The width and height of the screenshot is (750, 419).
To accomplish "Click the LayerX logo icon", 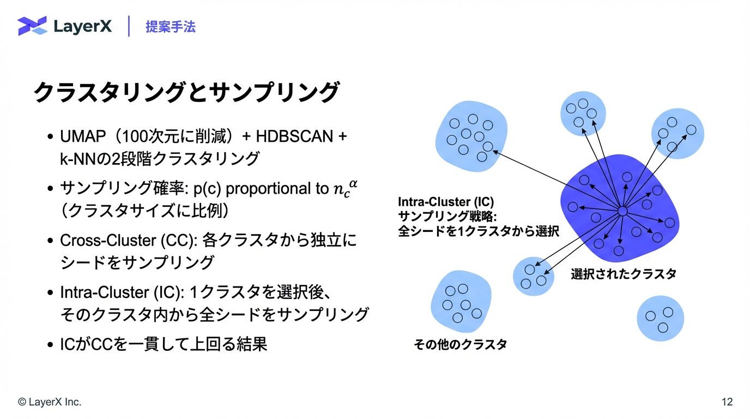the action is (x=32, y=26).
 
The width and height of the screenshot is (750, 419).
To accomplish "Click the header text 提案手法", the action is (x=171, y=27).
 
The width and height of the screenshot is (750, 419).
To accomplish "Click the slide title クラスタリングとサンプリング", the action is (x=187, y=92).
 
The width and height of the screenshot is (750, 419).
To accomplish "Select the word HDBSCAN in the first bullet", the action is (x=294, y=136).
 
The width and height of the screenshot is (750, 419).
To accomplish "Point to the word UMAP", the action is (x=83, y=136).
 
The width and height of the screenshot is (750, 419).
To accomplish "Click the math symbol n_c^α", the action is (x=346, y=188).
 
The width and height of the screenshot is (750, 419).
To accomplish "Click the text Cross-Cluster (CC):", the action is (x=128, y=241).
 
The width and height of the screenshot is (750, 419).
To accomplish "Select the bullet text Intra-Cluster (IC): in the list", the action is (x=122, y=292).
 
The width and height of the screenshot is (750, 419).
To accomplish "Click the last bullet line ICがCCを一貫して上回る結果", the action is (x=164, y=344).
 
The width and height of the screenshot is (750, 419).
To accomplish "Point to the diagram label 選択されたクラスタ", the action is (x=624, y=274).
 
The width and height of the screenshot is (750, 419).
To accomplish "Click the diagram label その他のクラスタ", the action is (x=461, y=344).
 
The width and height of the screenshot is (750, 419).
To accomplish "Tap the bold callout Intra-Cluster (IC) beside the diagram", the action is (x=446, y=202).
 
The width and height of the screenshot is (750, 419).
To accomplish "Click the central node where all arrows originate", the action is (x=622, y=211).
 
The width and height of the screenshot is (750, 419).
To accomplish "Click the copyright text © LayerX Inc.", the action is (x=50, y=402).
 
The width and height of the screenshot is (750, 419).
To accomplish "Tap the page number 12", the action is (x=727, y=402).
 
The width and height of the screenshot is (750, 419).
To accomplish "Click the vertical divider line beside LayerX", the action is (x=129, y=26).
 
